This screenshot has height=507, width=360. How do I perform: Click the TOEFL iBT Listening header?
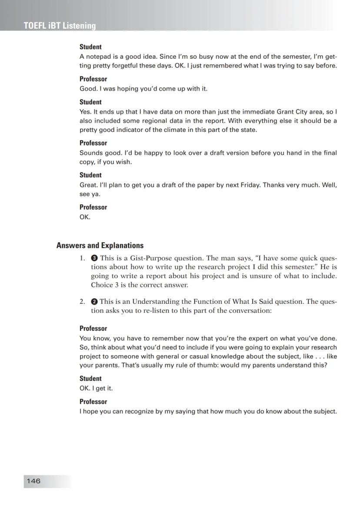(x=60, y=26)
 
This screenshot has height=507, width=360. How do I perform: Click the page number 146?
(x=33, y=481)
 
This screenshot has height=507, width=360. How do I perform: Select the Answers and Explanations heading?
(x=100, y=245)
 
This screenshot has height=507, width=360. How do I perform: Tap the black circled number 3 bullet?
(x=94, y=258)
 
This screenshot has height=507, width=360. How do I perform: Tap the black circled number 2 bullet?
(x=94, y=302)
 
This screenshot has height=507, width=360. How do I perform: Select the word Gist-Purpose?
(x=151, y=258)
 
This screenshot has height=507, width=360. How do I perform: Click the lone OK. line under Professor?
(x=85, y=217)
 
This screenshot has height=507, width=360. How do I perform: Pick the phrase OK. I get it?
(x=96, y=388)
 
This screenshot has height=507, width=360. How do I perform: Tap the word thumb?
(x=208, y=366)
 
